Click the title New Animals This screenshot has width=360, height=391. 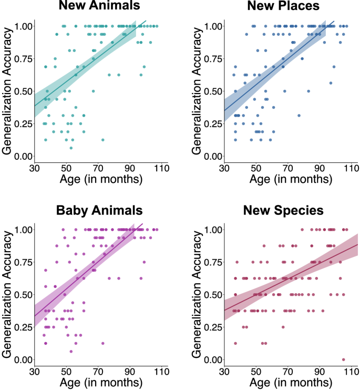[99, 7]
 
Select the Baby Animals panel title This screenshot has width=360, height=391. [99, 210]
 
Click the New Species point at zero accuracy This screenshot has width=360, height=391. [344, 359]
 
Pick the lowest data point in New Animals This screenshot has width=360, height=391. [71, 148]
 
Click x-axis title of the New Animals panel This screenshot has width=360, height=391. [99, 180]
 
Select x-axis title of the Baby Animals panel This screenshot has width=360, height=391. [99, 384]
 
